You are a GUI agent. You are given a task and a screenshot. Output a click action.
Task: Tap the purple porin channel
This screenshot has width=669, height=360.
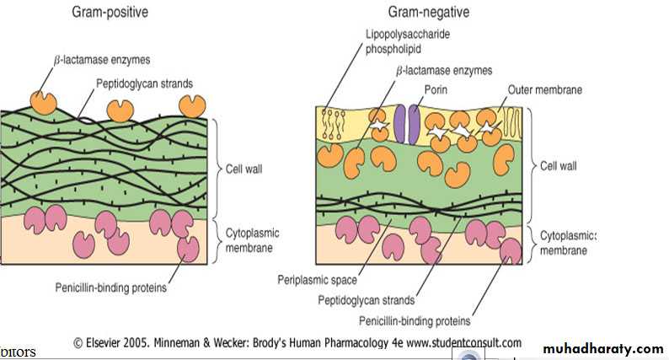tap(408, 124)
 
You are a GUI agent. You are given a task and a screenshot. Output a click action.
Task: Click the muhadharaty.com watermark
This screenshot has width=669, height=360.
tap(602, 348)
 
